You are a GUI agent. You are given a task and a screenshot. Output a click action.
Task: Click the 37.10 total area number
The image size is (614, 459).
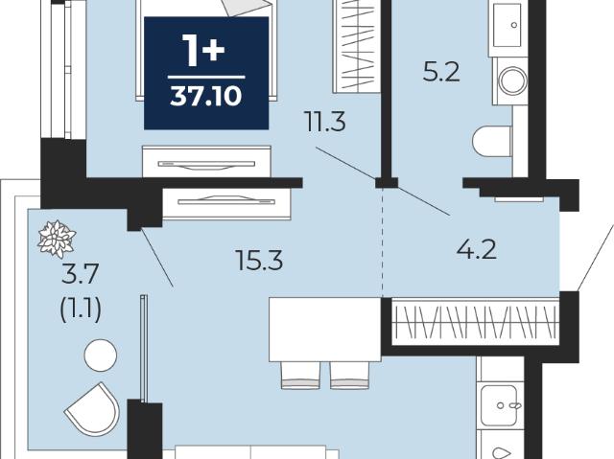coord(206,96)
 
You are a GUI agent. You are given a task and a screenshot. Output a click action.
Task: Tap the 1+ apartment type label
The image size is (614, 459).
coord(204,51)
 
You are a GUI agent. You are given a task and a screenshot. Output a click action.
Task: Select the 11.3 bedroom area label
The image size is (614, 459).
coord(325,122)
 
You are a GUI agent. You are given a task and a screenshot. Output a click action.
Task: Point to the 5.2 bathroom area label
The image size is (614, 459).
coord(441,72)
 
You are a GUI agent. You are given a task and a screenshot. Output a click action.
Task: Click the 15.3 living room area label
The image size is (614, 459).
coord(260,261)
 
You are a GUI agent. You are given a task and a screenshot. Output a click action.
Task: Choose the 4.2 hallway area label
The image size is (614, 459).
coord(477,249)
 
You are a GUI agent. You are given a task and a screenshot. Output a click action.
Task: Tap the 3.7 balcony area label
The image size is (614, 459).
coord(81,274)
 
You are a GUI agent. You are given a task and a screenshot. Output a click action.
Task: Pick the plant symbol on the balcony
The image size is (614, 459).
coord(57,239)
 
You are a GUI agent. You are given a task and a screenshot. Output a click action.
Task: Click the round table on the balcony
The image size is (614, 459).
coord(101,355)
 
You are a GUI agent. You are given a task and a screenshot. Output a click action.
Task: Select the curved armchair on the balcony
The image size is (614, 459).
coord(93,409)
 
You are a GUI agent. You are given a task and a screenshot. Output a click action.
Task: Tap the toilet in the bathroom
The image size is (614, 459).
coord(492,140)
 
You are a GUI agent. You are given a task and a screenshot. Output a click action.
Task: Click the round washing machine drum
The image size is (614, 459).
coord(513,80)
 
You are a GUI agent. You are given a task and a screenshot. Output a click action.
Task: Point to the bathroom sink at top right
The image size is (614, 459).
coord(508,25)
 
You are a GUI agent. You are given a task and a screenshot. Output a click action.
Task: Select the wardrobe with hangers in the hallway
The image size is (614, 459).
coord(476,321)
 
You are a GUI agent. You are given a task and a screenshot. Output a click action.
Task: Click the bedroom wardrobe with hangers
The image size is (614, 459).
coord(357,46)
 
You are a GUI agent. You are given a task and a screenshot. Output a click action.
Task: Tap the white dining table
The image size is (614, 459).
coord(325,330)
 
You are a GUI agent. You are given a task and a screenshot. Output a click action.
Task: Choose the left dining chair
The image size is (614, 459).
coord(300,375)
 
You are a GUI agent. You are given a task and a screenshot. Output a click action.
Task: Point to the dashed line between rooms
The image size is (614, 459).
coord(383,241)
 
